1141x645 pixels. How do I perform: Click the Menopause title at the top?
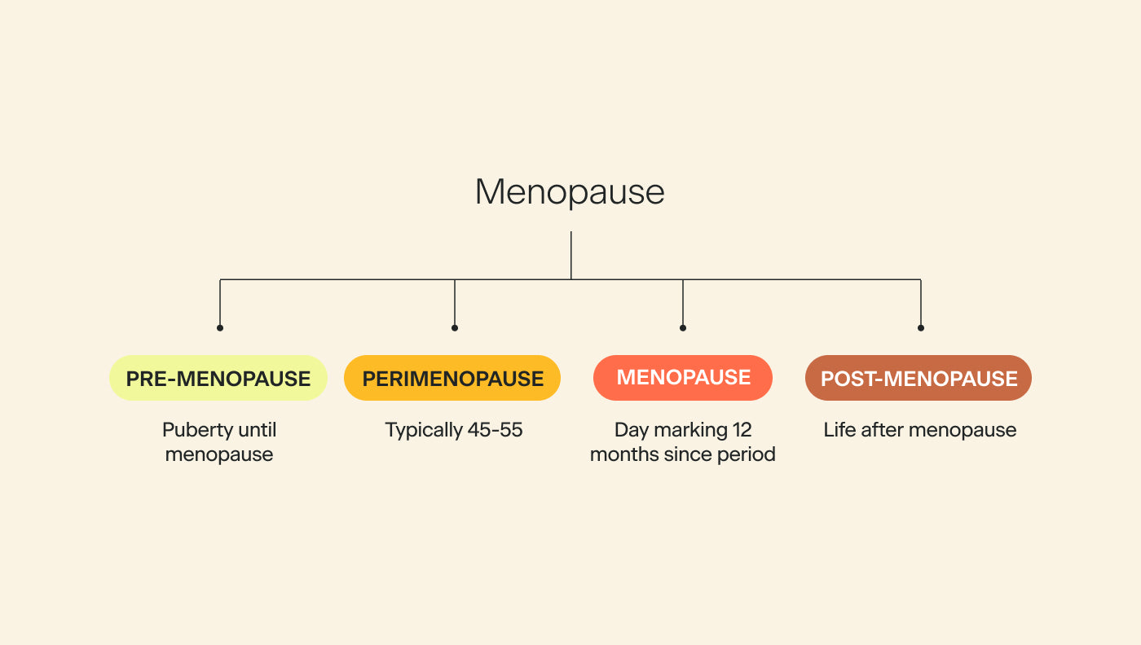pyautogui.click(x=570, y=192)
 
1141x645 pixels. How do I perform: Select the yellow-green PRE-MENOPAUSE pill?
pyautogui.click(x=218, y=378)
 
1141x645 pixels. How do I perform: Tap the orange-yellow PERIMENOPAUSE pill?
pyautogui.click(x=452, y=378)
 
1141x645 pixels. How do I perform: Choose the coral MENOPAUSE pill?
pyautogui.click(x=683, y=378)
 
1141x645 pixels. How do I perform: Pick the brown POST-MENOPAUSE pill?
pyautogui.click(x=919, y=378)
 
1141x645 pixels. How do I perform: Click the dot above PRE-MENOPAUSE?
pyautogui.click(x=220, y=327)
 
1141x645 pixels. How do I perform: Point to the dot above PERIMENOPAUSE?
pyautogui.click(x=455, y=327)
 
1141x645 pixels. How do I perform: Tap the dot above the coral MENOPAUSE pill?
pyautogui.click(x=683, y=327)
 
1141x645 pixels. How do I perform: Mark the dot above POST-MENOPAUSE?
pyautogui.click(x=921, y=327)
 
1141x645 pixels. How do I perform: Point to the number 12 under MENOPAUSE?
pyautogui.click(x=741, y=429)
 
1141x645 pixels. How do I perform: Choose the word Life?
pyautogui.click(x=839, y=429)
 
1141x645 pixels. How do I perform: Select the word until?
pyautogui.click(x=257, y=429)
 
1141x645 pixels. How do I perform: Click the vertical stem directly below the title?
pyautogui.click(x=571, y=255)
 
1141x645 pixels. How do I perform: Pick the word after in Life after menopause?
pyautogui.click(x=882, y=429)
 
